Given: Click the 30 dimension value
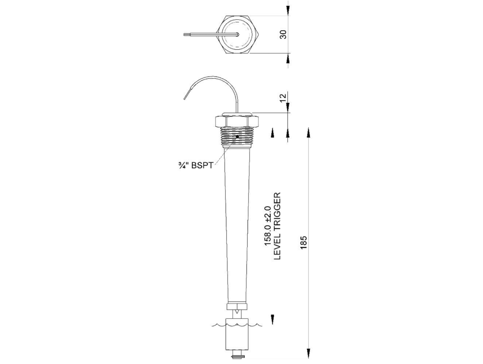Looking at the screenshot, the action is coord(283,34).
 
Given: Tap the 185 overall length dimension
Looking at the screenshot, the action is coord(303,242).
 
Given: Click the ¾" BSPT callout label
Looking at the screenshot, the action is coord(196,165).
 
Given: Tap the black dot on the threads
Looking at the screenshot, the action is coord(237,137).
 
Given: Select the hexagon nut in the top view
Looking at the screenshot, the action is coord(237,34).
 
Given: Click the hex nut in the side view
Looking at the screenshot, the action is coord(237,122).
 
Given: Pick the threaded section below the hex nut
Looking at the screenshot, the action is coord(237,137).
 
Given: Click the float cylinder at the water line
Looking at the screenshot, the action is coord(237,334).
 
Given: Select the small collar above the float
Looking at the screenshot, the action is coord(237,307).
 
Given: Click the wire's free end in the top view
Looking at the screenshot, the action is coord(184,34).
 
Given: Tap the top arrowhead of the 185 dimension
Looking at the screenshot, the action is coord(309,133).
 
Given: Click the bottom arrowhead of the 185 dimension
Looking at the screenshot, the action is coord(309,353).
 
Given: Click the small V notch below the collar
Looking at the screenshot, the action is coord(237,312).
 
